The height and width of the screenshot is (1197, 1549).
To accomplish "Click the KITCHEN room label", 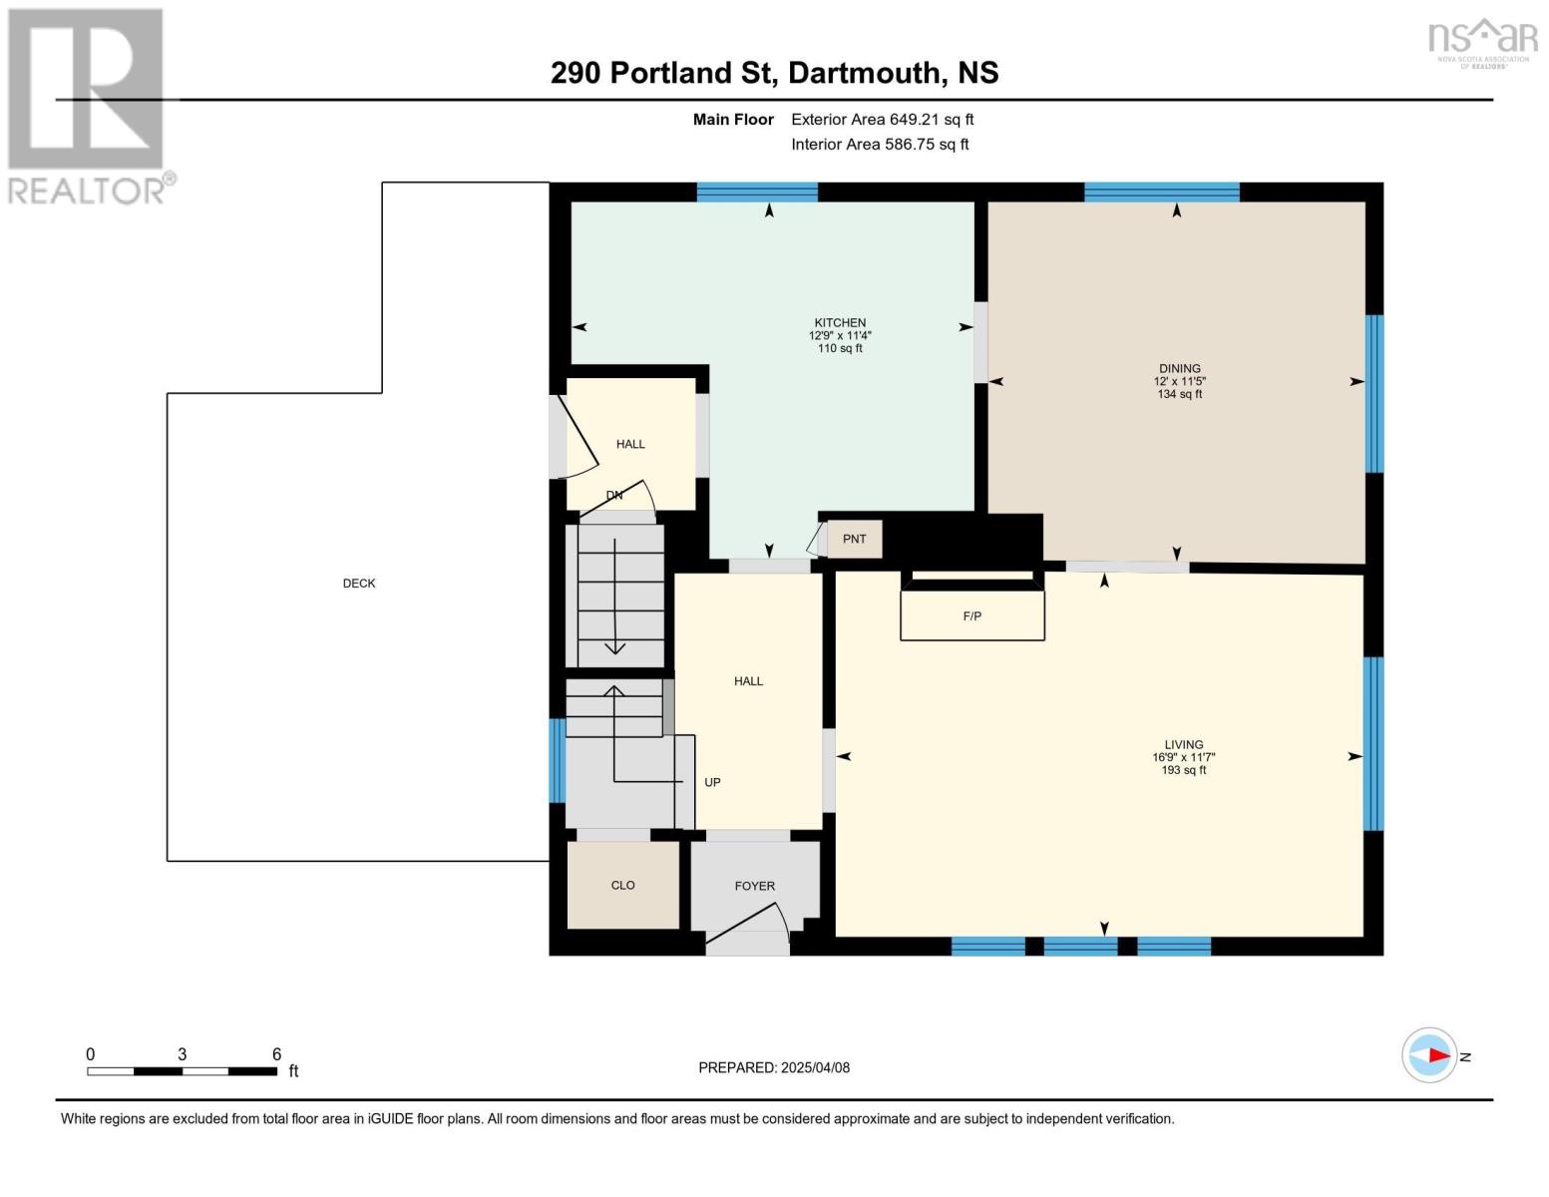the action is point(840,323).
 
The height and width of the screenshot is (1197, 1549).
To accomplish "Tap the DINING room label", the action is point(1180,369).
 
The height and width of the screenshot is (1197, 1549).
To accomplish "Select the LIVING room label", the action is point(1184,744).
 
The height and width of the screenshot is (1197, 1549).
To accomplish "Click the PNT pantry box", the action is point(854,539).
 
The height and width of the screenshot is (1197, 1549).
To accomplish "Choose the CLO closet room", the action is point(623,885).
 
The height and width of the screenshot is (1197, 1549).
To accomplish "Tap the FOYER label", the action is point(754,886).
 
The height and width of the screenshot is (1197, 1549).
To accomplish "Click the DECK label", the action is point(358,584).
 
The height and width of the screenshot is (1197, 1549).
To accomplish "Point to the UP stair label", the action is point(712,782).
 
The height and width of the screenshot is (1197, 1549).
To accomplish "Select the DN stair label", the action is point(614,495).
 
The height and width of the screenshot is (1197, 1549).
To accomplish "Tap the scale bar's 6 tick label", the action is point(276,1053).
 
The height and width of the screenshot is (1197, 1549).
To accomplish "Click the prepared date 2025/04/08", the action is point(815,1067).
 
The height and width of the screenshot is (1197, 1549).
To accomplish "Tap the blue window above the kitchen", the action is point(757,193).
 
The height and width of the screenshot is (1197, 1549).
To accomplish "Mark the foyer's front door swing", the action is point(748,929).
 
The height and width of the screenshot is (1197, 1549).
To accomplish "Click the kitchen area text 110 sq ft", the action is point(840,348).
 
